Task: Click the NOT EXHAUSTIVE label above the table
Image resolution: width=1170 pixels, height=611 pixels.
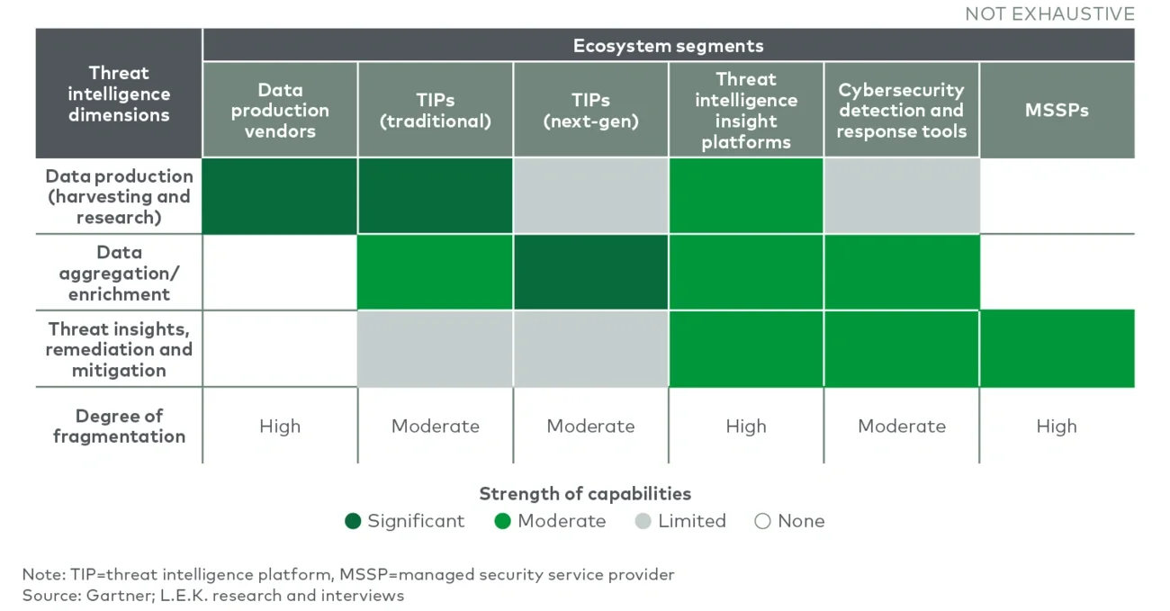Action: click(x=1049, y=13)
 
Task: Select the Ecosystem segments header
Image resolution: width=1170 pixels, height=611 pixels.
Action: click(x=668, y=46)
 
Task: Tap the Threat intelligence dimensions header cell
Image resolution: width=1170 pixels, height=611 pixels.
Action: click(x=119, y=94)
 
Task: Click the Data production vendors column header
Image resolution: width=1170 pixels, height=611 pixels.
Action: click(x=280, y=111)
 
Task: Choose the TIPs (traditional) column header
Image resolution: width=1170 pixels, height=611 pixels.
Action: click(x=436, y=111)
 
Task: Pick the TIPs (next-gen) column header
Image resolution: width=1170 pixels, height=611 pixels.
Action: click(x=591, y=111)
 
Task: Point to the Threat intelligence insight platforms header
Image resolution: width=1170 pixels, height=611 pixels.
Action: click(x=746, y=111)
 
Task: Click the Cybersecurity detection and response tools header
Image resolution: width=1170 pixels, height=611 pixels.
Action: click(x=902, y=111)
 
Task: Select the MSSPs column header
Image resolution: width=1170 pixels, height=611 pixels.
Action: click(x=1057, y=111)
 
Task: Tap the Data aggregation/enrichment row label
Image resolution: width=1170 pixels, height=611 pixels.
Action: click(x=119, y=274)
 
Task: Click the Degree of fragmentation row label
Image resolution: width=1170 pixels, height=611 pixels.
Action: click(x=119, y=427)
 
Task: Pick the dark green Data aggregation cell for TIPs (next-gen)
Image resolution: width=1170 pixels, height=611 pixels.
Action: click(x=591, y=273)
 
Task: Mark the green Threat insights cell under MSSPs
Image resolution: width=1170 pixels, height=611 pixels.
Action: click(x=1057, y=349)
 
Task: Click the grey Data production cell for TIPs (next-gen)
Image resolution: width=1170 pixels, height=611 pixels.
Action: click(x=591, y=196)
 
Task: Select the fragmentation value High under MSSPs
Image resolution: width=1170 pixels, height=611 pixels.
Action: click(x=1057, y=427)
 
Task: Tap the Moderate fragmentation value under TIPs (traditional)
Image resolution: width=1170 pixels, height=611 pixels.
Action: click(x=436, y=427)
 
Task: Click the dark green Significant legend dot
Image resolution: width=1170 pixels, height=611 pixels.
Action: click(x=353, y=521)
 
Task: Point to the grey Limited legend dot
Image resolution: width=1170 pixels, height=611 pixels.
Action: click(x=643, y=521)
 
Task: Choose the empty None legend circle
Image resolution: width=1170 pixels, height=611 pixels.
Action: click(x=762, y=521)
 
